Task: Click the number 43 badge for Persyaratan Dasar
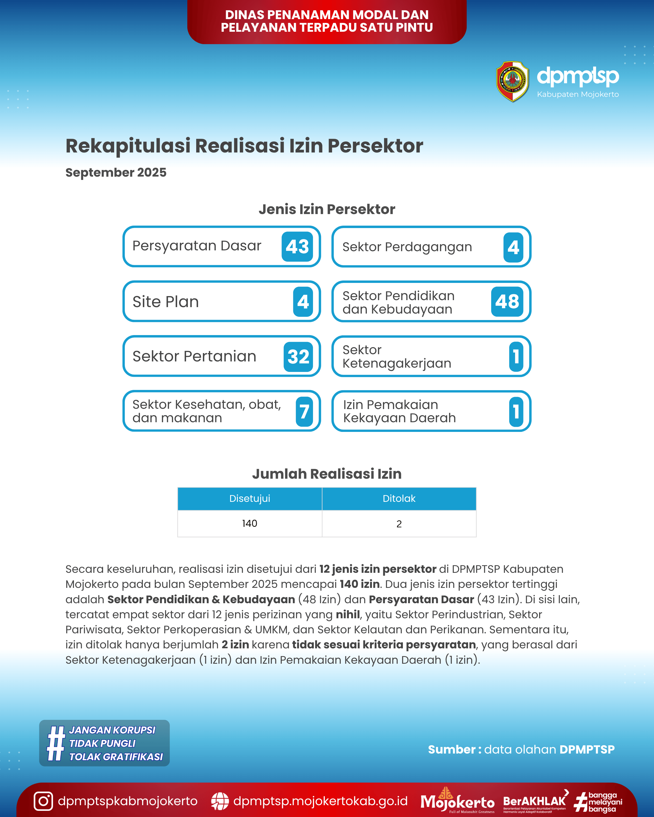click(297, 247)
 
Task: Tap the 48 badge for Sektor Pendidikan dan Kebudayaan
click(507, 302)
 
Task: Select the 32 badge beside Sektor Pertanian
click(298, 357)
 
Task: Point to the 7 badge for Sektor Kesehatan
click(304, 411)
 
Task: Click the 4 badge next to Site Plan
click(303, 302)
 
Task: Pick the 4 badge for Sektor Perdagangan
click(513, 247)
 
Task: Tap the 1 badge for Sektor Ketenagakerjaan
click(516, 357)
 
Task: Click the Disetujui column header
click(249, 499)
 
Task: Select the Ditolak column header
click(399, 499)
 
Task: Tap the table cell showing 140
click(249, 524)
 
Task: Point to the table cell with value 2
click(399, 524)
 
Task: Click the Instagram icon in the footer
click(43, 801)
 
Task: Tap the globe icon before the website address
click(220, 801)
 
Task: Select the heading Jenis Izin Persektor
click(327, 209)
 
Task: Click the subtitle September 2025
click(116, 172)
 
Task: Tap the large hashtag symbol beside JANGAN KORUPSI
click(56, 743)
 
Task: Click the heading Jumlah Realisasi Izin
click(327, 474)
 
